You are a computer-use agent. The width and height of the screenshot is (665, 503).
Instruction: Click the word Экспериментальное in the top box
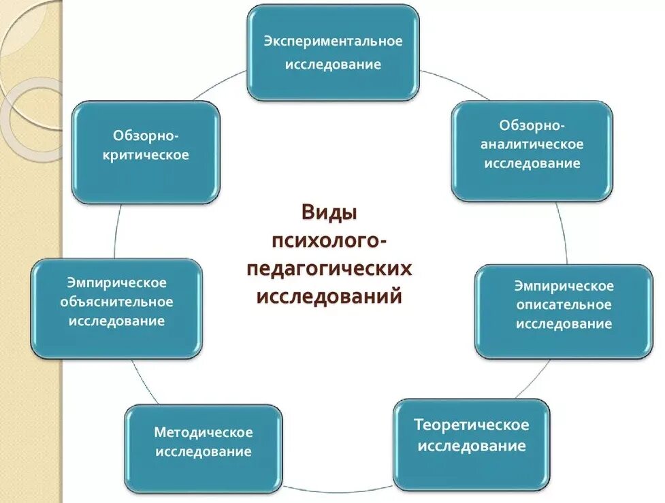pyautogui.click(x=334, y=42)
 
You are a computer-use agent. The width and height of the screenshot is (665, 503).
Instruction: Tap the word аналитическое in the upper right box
pyautogui.click(x=532, y=144)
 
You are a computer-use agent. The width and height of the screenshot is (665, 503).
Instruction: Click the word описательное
pyautogui.click(x=564, y=305)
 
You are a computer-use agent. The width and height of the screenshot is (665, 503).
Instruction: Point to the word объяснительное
pyautogui.click(x=116, y=302)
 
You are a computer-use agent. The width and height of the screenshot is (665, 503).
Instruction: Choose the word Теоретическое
pyautogui.click(x=472, y=425)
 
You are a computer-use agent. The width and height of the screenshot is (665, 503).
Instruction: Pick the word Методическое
pyautogui.click(x=204, y=432)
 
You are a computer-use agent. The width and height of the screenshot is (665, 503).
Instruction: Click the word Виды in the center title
pyautogui.click(x=329, y=212)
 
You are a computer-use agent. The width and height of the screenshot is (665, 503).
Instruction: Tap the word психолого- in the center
pyautogui.click(x=330, y=240)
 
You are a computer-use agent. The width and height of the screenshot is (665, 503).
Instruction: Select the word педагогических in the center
pyautogui.click(x=330, y=268)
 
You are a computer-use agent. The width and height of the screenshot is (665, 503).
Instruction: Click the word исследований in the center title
pyautogui.click(x=330, y=297)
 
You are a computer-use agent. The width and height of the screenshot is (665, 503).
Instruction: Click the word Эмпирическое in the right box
pyautogui.click(x=564, y=286)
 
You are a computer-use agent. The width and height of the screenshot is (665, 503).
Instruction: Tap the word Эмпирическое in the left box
pyautogui.click(x=116, y=282)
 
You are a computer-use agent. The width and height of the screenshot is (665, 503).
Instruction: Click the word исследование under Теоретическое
pyautogui.click(x=472, y=447)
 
